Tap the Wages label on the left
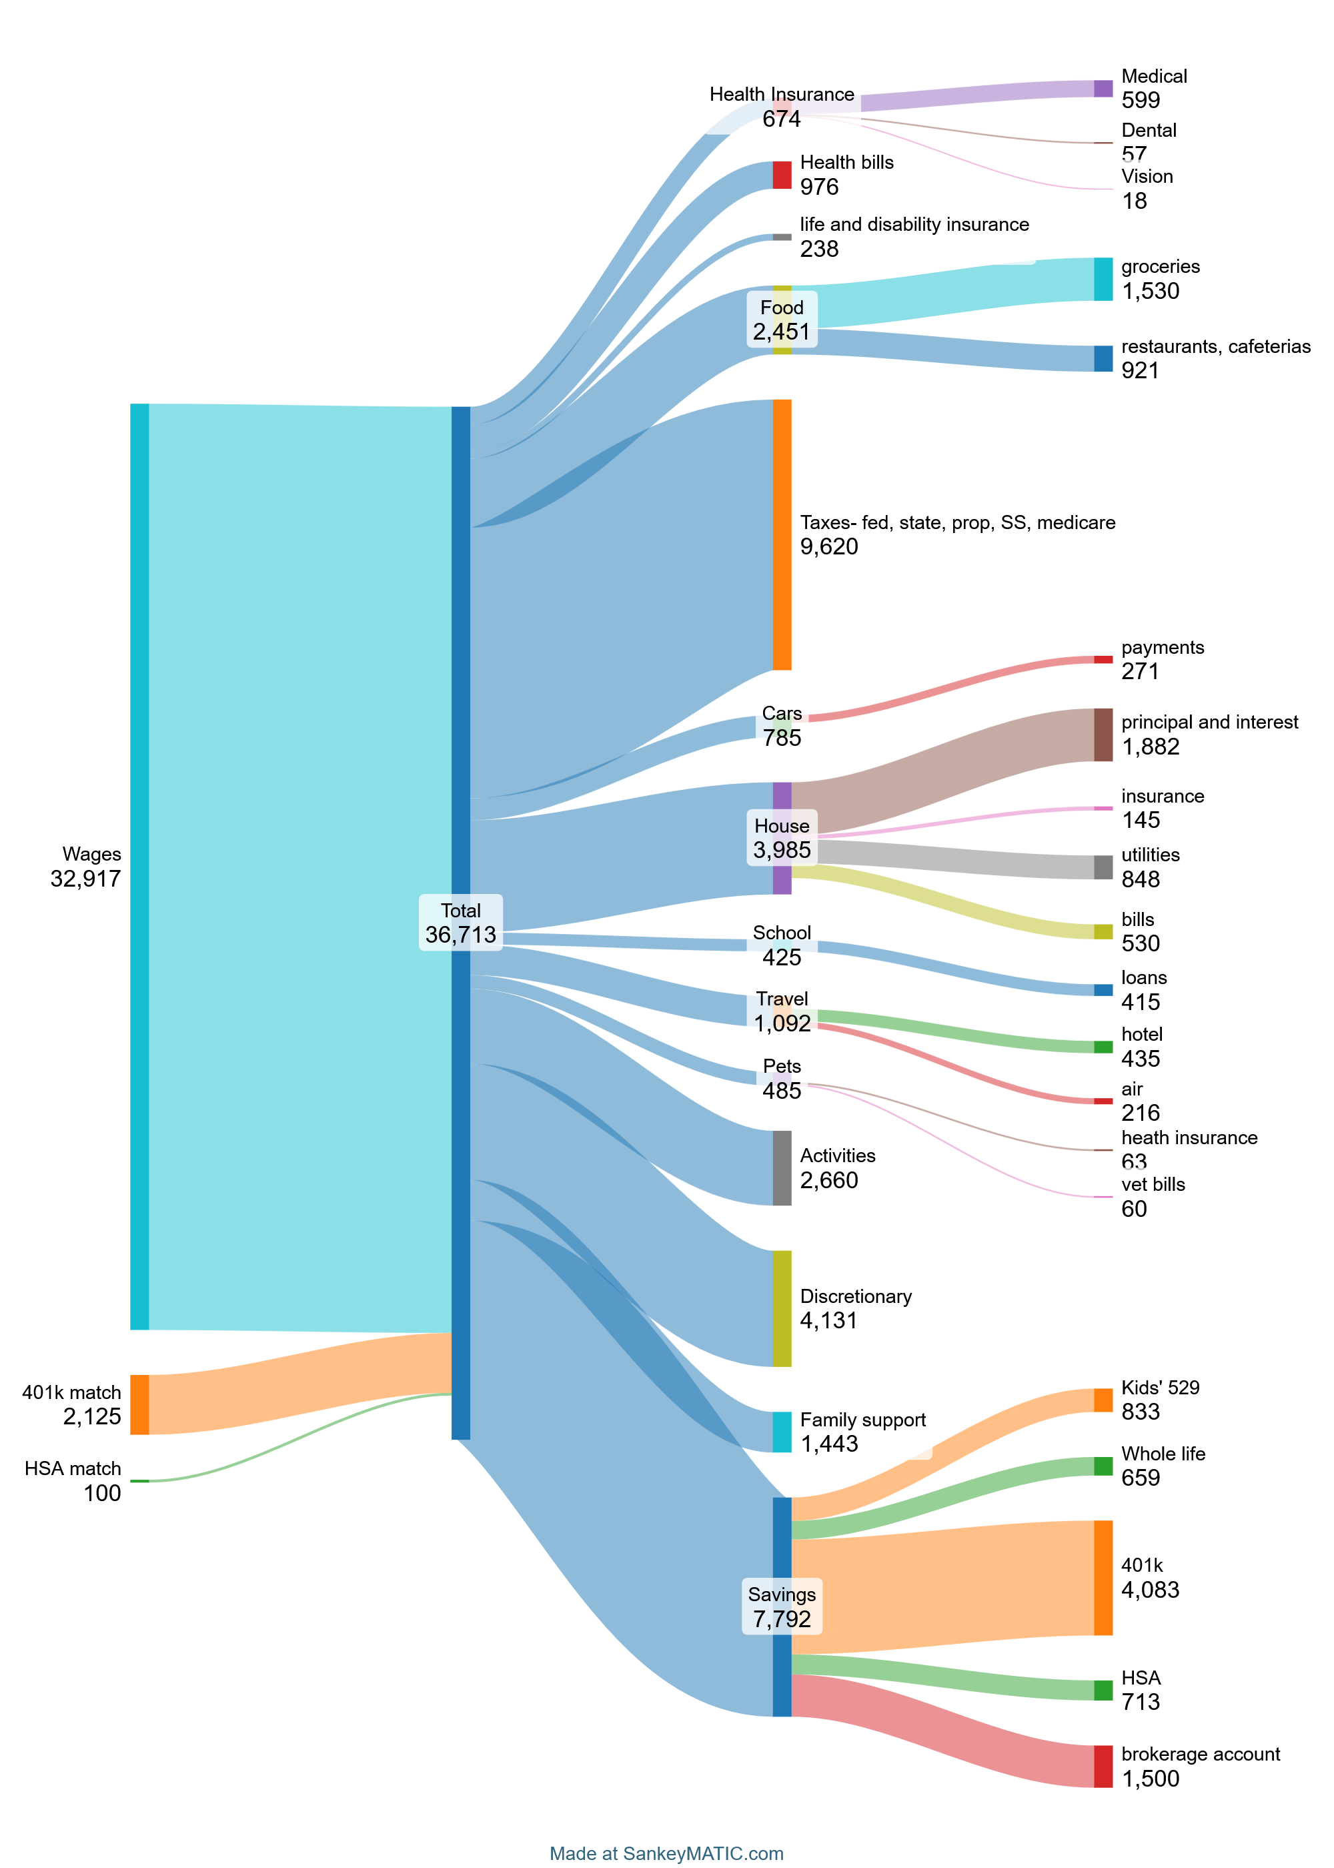click(91, 855)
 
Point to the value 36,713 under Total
click(460, 935)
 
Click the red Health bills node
click(781, 175)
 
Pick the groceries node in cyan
click(1103, 280)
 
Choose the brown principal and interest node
click(1103, 735)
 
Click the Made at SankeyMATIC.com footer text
click(666, 1853)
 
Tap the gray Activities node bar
click(781, 1167)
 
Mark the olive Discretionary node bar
click(781, 1308)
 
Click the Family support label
click(862, 1420)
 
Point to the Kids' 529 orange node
click(1103, 1400)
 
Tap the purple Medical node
click(1103, 89)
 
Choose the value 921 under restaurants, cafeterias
click(1139, 370)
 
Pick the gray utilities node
click(1103, 867)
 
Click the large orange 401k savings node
click(1103, 1577)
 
